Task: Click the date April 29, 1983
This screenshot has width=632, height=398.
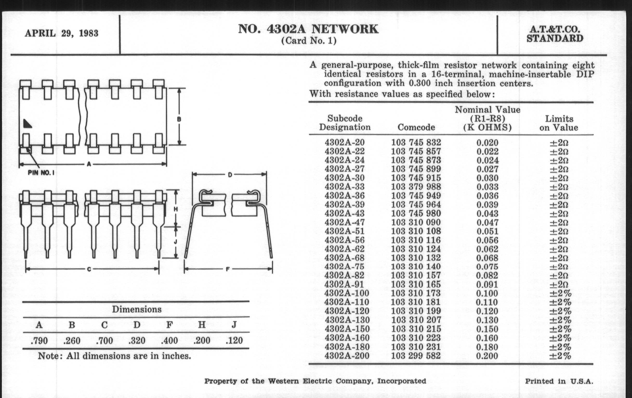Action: coord(61,33)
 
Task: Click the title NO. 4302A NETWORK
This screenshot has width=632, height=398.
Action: coord(308,29)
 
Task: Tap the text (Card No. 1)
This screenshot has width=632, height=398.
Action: coord(309,41)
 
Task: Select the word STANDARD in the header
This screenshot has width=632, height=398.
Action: coord(555,38)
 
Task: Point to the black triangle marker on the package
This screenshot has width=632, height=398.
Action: coord(27,124)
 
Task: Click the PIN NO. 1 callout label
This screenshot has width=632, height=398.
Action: coord(41,173)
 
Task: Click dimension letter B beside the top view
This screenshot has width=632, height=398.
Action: coord(179,119)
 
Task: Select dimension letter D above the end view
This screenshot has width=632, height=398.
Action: coord(230,175)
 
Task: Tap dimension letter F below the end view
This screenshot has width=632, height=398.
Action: coord(228,269)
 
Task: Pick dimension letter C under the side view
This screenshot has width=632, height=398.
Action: coord(89,269)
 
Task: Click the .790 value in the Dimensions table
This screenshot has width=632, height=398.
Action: coord(39,341)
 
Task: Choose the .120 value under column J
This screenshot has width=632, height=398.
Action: coord(234,341)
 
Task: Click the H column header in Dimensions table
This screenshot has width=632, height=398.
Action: coord(202,325)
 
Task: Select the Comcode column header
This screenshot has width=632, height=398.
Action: coord(416,127)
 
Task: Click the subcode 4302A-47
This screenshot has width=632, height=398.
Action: coord(344,222)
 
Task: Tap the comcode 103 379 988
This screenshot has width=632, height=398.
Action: coord(416,187)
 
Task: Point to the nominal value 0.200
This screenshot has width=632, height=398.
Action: coord(487,356)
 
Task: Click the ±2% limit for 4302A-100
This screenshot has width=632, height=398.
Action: coord(560,293)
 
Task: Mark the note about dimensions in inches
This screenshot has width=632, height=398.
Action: coord(114,356)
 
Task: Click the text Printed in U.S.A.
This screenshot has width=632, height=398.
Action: coord(559,381)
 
